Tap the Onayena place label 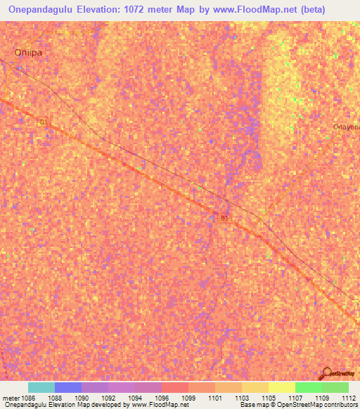click(346, 126)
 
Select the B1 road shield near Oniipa click(44, 122)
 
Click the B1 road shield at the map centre click(224, 219)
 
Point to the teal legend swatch click(41, 387)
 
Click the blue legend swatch click(67, 387)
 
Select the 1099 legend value click(189, 397)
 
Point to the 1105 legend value click(269, 397)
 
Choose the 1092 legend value click(108, 397)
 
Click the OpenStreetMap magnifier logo click(327, 372)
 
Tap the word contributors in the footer click(341, 405)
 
